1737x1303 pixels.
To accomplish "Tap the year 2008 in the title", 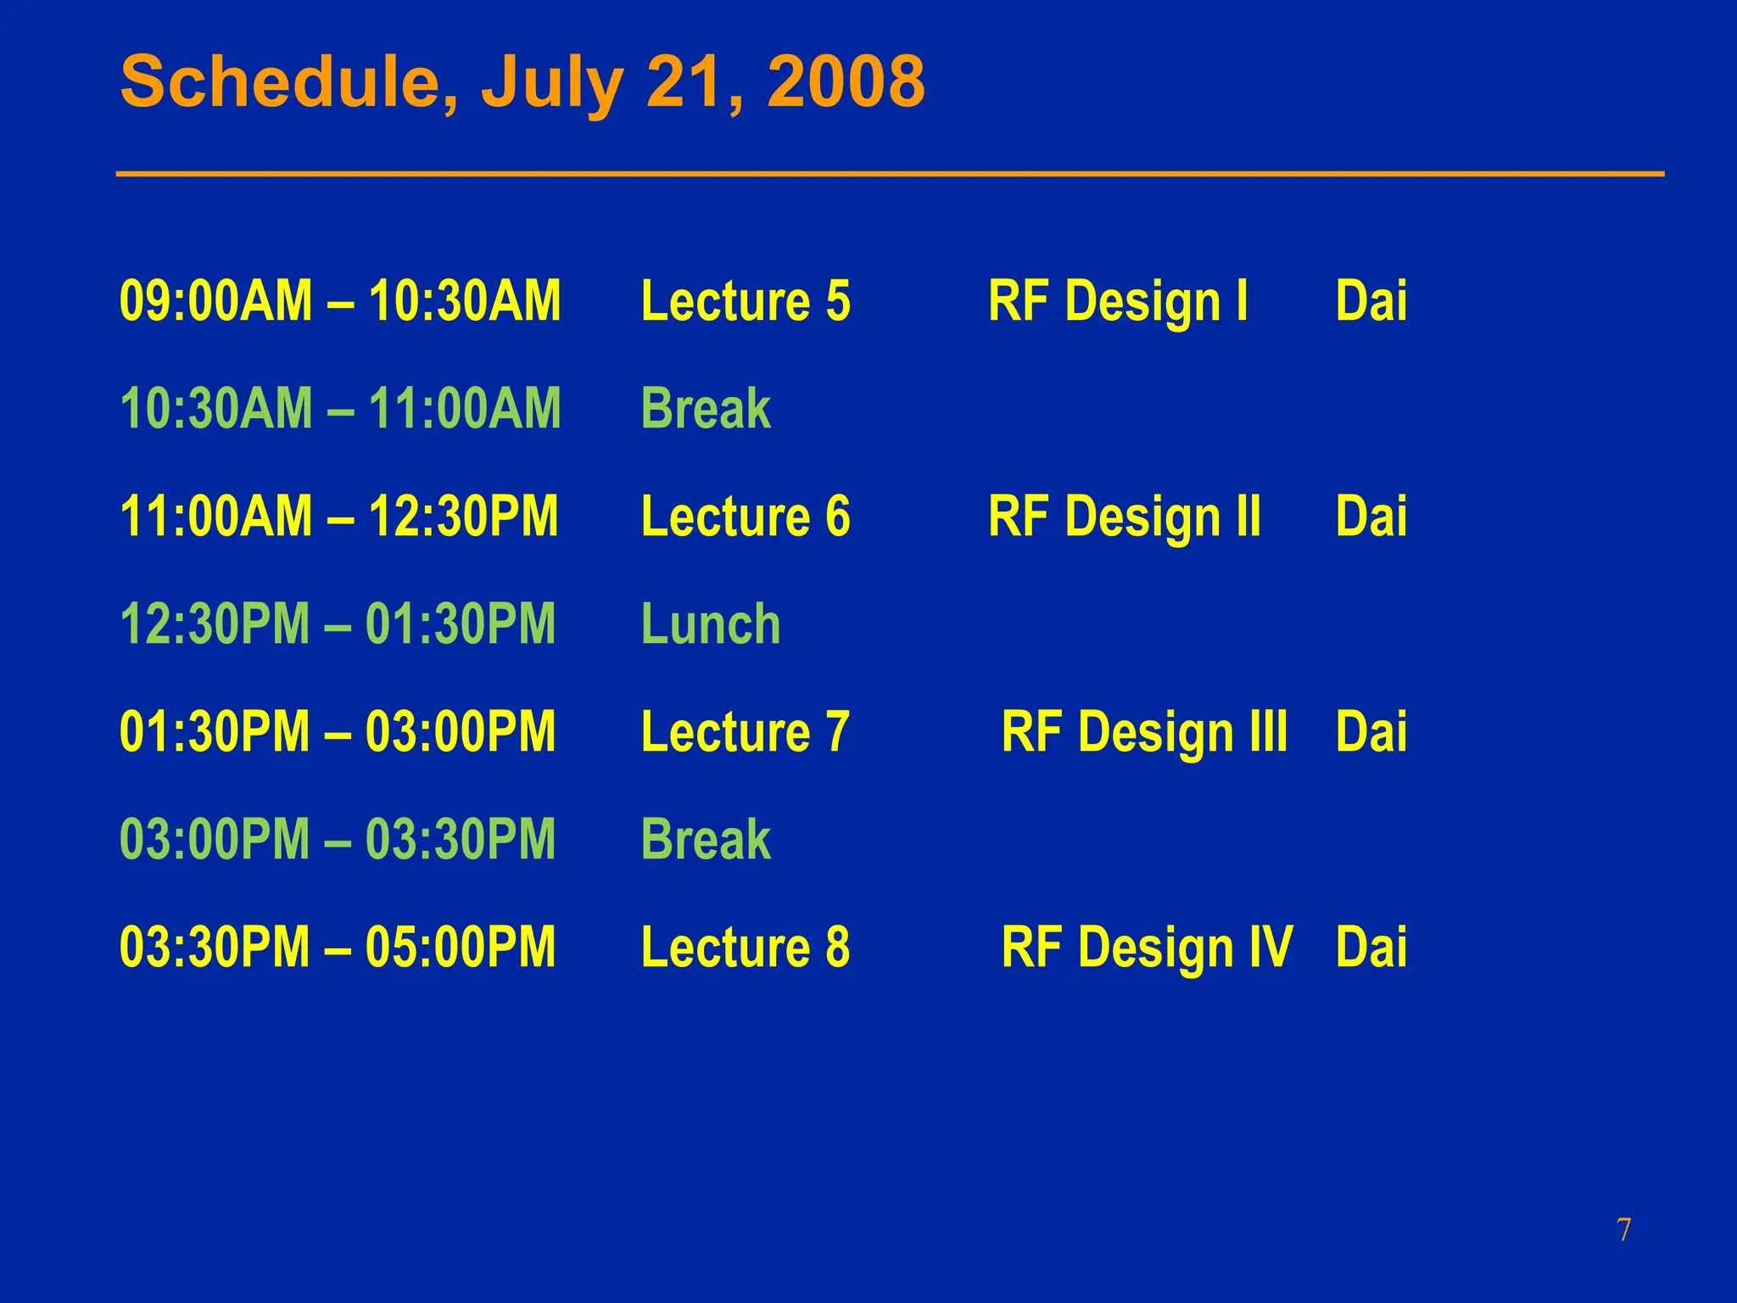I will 846,81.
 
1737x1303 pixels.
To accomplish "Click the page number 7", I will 1623,1230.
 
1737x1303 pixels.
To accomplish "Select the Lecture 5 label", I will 746,301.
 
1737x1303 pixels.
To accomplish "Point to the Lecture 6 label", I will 746,517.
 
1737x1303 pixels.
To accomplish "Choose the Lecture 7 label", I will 746,732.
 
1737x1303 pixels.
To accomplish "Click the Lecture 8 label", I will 746,948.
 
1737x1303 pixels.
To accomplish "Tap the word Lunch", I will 711,624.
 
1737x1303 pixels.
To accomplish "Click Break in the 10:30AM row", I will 706,409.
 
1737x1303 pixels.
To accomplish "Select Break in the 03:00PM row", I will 706,840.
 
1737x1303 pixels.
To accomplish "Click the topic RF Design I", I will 1118,301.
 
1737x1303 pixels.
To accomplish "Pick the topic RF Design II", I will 1125,517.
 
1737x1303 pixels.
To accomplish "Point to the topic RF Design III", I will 1144,732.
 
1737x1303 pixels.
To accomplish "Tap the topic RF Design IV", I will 1147,948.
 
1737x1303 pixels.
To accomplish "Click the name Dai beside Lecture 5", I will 1371,301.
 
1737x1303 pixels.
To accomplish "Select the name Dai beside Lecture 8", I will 1371,948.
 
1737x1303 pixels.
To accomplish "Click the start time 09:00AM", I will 216,301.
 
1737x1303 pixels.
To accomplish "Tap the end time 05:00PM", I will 461,948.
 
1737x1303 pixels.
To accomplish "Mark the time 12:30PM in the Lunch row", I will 215,624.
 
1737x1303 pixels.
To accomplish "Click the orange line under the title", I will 891,174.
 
